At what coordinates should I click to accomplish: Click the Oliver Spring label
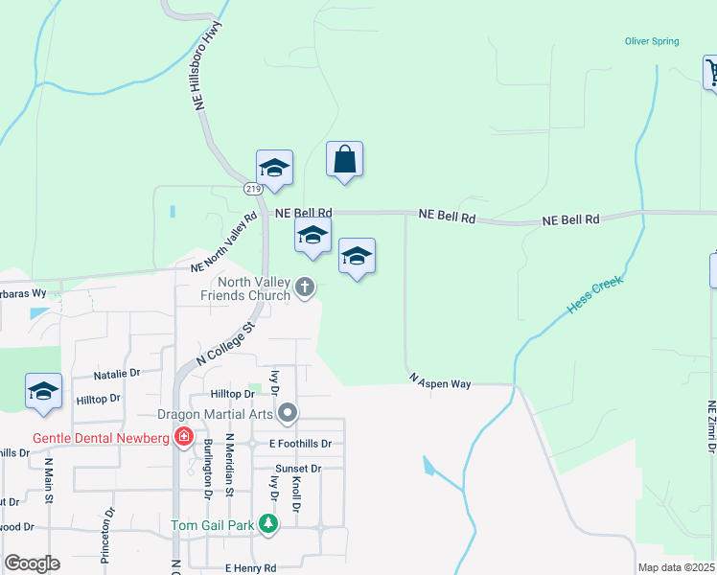[652, 41]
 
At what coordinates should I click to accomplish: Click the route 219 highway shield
[252, 189]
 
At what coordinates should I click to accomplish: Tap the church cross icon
[305, 287]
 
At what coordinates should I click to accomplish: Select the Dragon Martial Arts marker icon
[288, 414]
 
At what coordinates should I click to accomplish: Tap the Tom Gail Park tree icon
[269, 524]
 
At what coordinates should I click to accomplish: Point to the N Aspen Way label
[440, 382]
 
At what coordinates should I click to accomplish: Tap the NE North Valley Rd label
[224, 242]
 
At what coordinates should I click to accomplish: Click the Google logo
[32, 563]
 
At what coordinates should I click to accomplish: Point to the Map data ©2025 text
[677, 567]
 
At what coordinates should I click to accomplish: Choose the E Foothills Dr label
[299, 444]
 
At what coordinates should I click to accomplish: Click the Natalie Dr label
[117, 373]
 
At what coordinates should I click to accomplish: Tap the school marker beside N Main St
[43, 391]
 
